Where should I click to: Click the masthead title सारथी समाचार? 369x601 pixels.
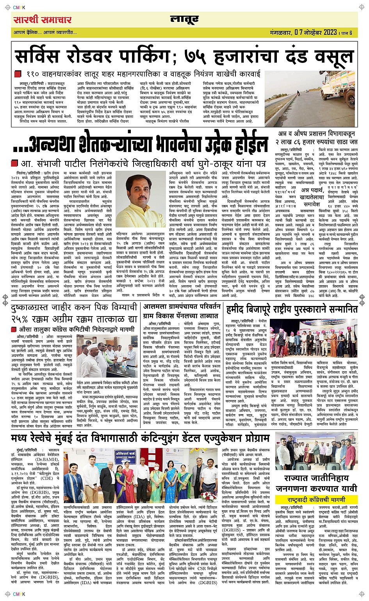pos(42,20)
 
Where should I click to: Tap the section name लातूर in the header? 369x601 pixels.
pos(184,19)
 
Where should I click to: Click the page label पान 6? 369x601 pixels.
pos(346,32)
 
